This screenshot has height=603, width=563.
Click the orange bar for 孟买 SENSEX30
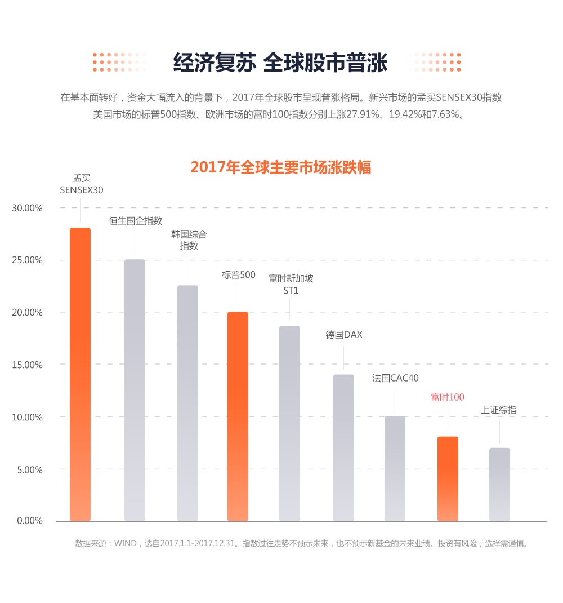point(80,374)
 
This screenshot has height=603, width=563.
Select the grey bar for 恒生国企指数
point(135,390)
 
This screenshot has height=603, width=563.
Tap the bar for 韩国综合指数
point(187,403)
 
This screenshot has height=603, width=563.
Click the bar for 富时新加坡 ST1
point(289,423)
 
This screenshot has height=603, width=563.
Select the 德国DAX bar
point(343,447)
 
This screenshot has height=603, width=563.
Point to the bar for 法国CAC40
point(395,468)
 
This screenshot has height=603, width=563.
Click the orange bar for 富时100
point(448,478)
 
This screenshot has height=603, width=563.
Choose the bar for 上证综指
point(499,484)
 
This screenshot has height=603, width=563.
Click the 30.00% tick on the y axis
point(27,208)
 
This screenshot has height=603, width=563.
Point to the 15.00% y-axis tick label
point(27,365)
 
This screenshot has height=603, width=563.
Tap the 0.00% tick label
point(29,521)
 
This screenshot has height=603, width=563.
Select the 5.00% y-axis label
point(29,469)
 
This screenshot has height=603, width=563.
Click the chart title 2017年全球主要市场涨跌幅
point(281,167)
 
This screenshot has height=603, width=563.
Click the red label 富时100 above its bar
point(448,397)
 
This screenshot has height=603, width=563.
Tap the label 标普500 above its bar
point(238,275)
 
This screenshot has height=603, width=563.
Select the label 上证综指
point(499,410)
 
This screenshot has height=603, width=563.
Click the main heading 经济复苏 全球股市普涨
point(280,63)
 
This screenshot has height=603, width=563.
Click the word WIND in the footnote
point(125,544)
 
